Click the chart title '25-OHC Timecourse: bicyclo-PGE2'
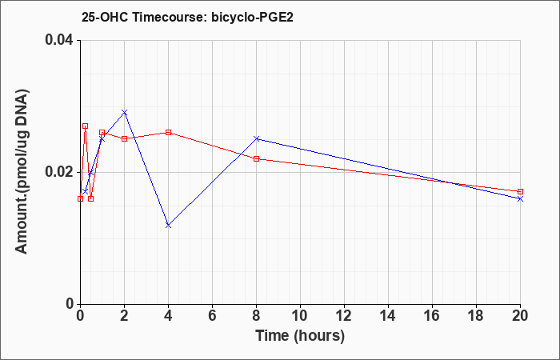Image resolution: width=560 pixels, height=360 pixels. point(187,17)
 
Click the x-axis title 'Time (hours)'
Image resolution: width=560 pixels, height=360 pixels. point(300,336)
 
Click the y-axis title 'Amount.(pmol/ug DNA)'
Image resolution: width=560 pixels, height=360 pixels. point(22,172)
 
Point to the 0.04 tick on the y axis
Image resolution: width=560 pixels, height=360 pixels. point(60,40)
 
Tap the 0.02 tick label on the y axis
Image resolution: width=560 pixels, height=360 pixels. point(60,172)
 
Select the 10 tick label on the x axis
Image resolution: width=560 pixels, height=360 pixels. point(300,316)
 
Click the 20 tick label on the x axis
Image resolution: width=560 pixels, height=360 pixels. point(520,316)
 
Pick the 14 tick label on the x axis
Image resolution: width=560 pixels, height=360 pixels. point(388,316)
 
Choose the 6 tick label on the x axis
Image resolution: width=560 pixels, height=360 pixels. point(212,316)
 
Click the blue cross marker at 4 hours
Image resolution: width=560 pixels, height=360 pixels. point(169,226)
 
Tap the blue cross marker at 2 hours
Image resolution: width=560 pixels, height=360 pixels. point(124,113)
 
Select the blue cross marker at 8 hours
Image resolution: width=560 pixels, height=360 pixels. point(257,138)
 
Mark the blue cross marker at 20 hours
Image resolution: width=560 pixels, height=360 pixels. point(520,198)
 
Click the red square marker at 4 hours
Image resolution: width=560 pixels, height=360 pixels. point(169,133)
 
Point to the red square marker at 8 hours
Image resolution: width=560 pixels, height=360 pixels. point(257,159)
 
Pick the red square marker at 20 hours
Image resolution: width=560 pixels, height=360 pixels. point(520,192)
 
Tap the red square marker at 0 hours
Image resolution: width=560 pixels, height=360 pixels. point(80,198)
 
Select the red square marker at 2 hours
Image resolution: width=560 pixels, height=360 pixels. point(124,138)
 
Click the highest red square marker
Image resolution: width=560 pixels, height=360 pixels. point(85,126)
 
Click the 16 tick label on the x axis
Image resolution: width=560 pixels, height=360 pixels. point(432,316)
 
